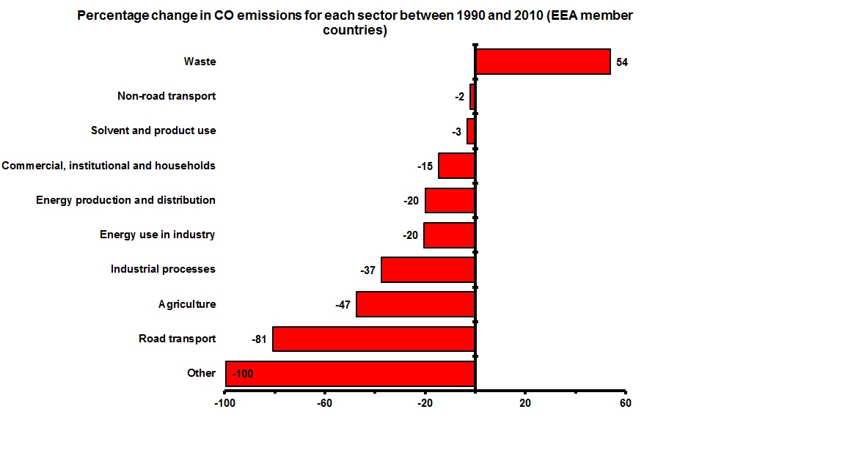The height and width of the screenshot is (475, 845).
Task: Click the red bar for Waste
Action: click(543, 62)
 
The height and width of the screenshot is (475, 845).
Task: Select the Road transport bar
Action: click(374, 339)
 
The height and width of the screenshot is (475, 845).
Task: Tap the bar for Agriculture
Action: click(416, 304)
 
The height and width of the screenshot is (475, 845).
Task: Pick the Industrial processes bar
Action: click(428, 270)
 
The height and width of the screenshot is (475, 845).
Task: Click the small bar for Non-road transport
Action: click(472, 96)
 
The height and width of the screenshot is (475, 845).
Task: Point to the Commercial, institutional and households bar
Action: click(456, 166)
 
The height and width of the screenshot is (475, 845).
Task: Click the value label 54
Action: click(622, 62)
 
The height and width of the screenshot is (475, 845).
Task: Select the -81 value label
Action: click(258, 339)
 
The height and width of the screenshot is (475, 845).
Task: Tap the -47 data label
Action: click(343, 305)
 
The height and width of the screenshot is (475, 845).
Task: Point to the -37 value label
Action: click(367, 270)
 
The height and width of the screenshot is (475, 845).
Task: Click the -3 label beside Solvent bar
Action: click(456, 132)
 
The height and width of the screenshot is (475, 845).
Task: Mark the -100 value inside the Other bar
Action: click(242, 374)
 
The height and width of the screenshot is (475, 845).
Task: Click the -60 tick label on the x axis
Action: click(324, 403)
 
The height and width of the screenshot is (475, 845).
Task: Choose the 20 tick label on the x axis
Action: click(525, 403)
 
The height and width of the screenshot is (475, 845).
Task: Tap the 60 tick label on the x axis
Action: click(625, 403)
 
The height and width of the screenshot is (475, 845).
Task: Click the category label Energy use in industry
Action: click(157, 235)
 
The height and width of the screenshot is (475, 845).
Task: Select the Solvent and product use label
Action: click(153, 130)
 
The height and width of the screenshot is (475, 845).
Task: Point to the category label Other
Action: click(201, 373)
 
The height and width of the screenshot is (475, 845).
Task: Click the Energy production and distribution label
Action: click(125, 200)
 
